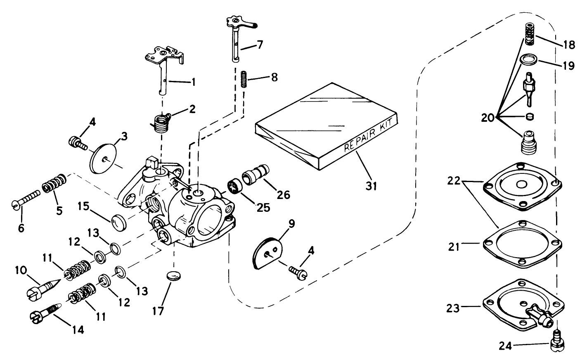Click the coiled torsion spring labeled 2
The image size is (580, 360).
pyautogui.click(x=159, y=123)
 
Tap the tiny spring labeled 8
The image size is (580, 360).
pyautogui.click(x=244, y=79)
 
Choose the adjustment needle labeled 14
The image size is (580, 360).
pyautogui.click(x=45, y=312)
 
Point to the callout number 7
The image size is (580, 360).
pyautogui.click(x=260, y=45)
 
